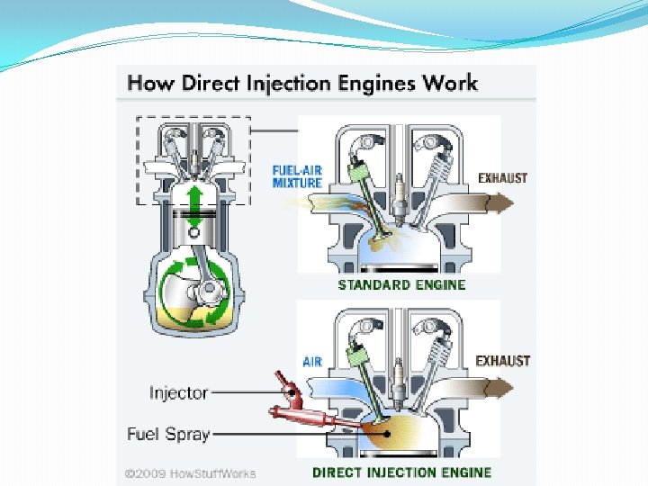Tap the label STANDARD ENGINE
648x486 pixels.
[x=401, y=285]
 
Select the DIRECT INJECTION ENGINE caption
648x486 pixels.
[x=401, y=472]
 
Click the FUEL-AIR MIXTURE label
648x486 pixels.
[x=297, y=175]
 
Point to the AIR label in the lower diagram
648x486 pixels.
[x=312, y=362]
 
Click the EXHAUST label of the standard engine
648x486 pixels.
[x=503, y=178]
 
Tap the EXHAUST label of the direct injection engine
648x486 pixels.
[x=503, y=361]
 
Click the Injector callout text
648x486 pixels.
[x=178, y=392]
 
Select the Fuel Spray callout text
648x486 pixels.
[x=168, y=434]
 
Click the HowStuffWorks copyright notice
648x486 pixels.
[x=191, y=473]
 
